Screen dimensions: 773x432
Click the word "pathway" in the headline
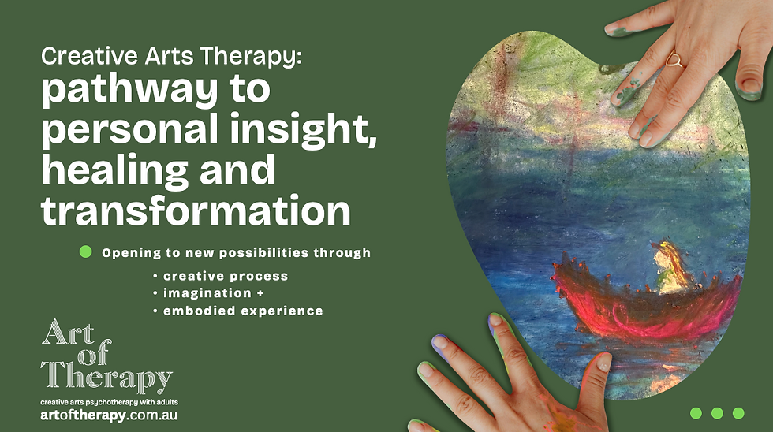[129, 90]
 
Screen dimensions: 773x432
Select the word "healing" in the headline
[115, 169]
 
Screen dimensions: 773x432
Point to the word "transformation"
[196, 210]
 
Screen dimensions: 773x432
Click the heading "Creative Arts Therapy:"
[170, 57]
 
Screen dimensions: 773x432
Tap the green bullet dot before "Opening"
[86, 251]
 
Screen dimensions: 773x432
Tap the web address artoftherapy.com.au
[109, 415]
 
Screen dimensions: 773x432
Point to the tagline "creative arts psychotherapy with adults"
[109, 403]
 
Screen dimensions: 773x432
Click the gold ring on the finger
[674, 60]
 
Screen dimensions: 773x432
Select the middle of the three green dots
[717, 413]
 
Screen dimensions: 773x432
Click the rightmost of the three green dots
[738, 413]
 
